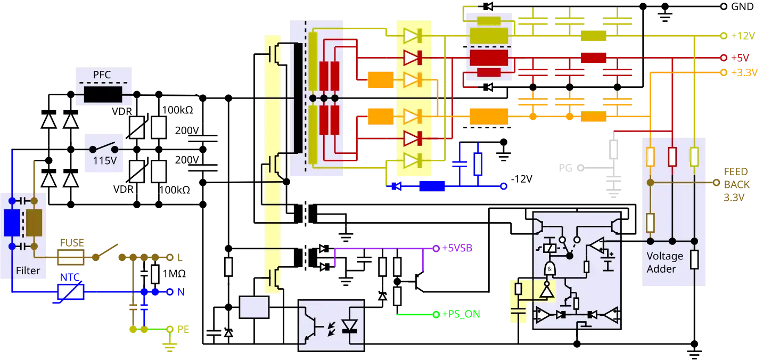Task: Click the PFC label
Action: click(102, 75)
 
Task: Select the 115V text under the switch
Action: click(105, 160)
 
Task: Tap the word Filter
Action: click(28, 271)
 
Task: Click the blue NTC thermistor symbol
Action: click(71, 292)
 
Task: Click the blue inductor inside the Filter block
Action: click(12, 223)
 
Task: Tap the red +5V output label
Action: click(740, 57)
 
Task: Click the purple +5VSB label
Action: click(457, 248)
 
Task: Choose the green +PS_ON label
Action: click(461, 314)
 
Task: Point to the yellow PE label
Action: click(184, 330)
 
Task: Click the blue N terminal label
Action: click(181, 292)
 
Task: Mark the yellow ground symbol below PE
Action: click(170, 347)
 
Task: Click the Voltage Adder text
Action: click(664, 263)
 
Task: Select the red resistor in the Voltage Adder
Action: click(672, 157)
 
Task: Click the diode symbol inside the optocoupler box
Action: click(349, 326)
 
